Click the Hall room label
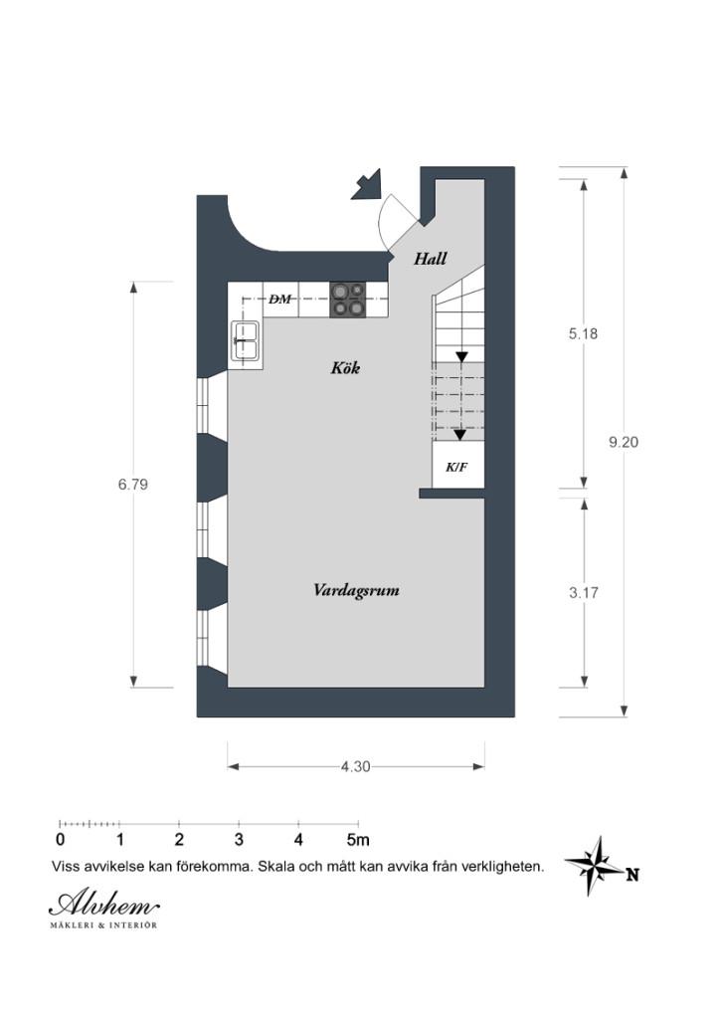click(x=431, y=259)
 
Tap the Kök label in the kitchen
click(x=345, y=368)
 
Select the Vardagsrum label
click(x=356, y=591)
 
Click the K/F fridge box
click(x=458, y=465)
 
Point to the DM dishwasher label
click(x=280, y=300)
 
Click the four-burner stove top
click(x=347, y=300)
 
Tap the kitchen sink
click(x=246, y=340)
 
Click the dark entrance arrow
click(x=366, y=184)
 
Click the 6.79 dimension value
click(x=133, y=485)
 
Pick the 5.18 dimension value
click(x=583, y=333)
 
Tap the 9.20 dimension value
click(x=624, y=442)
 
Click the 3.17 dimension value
click(x=584, y=593)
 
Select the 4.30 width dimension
click(x=356, y=767)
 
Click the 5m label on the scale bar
click(x=358, y=840)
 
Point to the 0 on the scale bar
click(x=61, y=840)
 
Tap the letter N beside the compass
click(x=632, y=875)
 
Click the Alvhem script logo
click(x=103, y=904)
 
